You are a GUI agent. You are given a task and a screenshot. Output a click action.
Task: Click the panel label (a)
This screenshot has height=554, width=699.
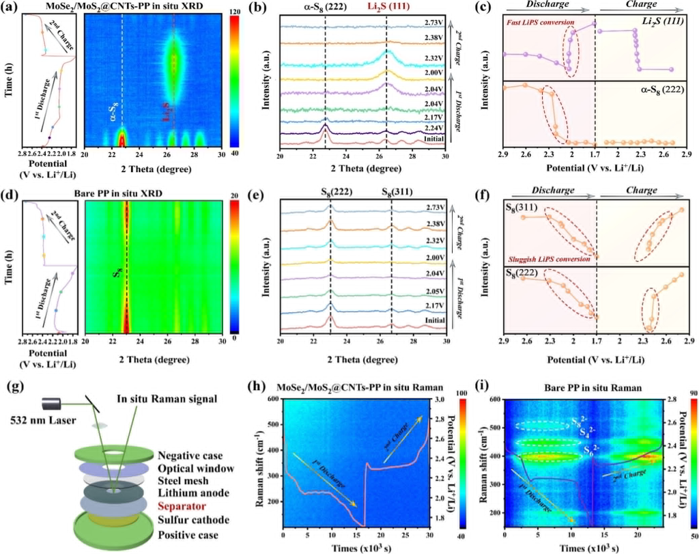tap(9, 8)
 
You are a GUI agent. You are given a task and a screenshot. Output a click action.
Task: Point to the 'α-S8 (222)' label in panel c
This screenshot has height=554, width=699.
tap(666, 89)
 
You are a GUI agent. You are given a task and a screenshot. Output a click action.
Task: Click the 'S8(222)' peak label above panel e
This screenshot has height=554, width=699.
tap(330, 190)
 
